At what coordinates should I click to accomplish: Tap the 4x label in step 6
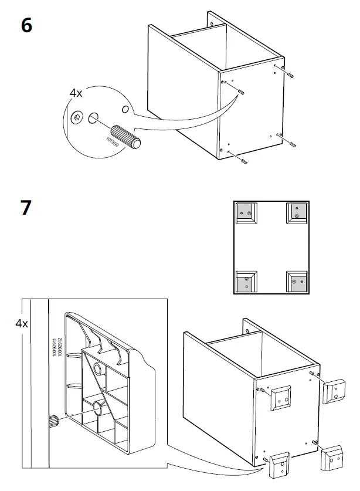[x=76, y=93]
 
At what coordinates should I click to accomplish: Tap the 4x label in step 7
[x=22, y=323]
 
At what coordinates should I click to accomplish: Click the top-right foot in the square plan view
[x=297, y=214]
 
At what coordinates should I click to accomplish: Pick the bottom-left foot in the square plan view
[x=245, y=283]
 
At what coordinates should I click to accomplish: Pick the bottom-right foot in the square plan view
[x=296, y=283]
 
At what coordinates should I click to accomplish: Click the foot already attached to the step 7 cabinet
[x=281, y=397]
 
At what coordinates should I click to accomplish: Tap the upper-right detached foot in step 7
[x=335, y=391]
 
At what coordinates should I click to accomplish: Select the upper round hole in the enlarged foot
[x=96, y=368]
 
